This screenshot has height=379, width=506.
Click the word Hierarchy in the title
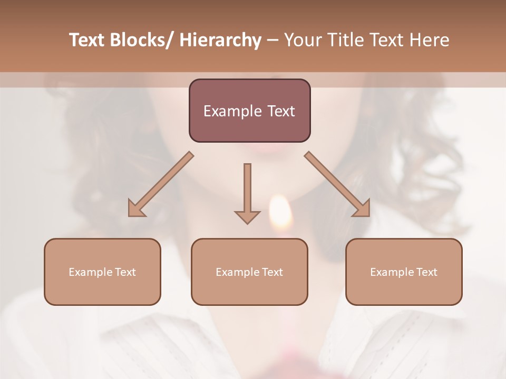(x=220, y=40)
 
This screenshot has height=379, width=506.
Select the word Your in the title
(x=303, y=40)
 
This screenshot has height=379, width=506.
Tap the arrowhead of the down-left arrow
(x=136, y=209)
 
